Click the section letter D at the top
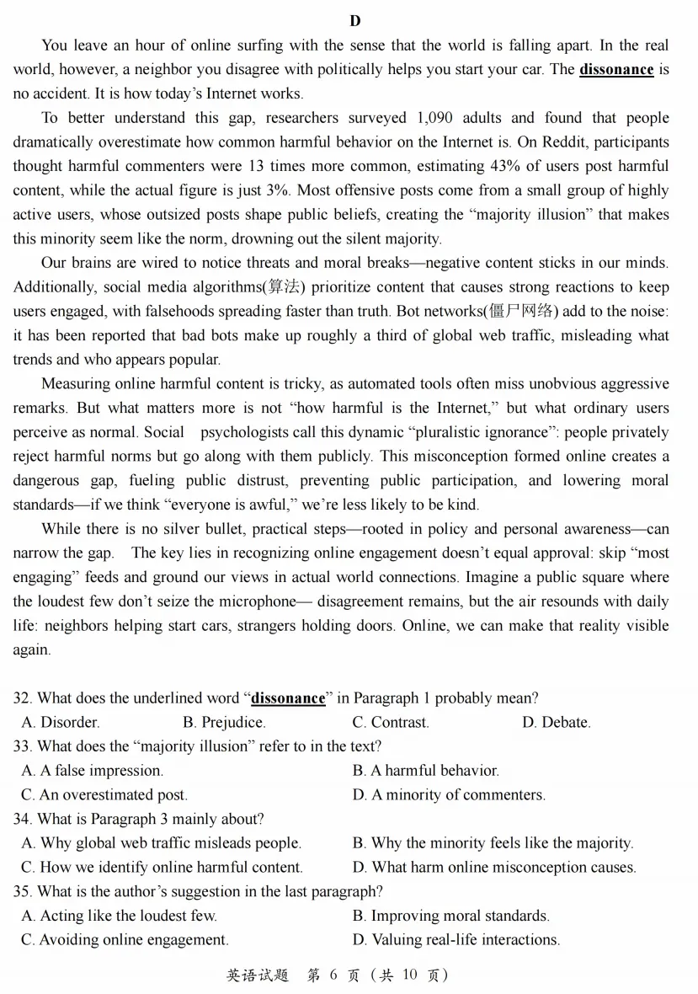354,20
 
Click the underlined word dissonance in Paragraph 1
616,69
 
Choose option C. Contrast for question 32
391,722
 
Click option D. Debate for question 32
556,722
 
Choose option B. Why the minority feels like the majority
493,842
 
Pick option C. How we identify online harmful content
162,867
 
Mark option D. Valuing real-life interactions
456,939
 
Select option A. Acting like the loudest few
119,916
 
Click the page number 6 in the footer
333,975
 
